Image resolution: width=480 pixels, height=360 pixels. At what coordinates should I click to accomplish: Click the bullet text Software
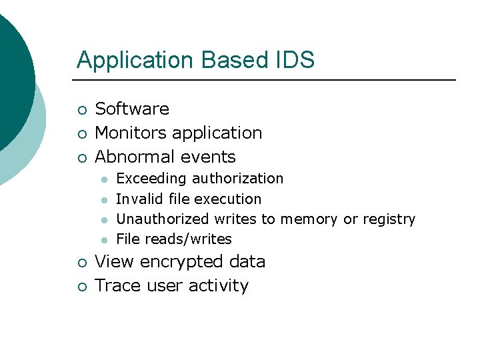coord(132,109)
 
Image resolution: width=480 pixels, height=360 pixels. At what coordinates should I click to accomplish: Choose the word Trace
coord(115,285)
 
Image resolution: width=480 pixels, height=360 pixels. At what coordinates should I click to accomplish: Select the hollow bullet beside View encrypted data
coord(81,263)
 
